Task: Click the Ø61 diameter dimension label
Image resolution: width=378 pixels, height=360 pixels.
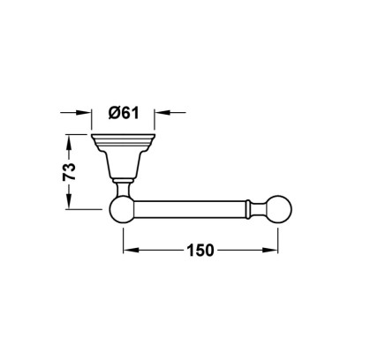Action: pyautogui.click(x=124, y=113)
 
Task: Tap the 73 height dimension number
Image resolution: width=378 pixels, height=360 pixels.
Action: pyautogui.click(x=70, y=171)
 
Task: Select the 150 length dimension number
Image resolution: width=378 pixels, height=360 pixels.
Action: pyautogui.click(x=200, y=251)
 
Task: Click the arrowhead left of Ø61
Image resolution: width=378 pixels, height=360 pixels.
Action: pyautogui.click(x=84, y=112)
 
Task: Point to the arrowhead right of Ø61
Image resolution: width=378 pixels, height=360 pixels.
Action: pyautogui.click(x=163, y=112)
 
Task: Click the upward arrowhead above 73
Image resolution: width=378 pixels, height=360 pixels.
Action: pyautogui.click(x=69, y=143)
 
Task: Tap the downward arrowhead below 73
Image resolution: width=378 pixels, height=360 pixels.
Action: pyautogui.click(x=69, y=201)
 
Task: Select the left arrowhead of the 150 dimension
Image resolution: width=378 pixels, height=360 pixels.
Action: pyautogui.click(x=132, y=251)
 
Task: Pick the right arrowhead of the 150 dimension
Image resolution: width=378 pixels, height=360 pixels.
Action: pyautogui.click(x=270, y=251)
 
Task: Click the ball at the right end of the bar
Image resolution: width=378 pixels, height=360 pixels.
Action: pyautogui.click(x=279, y=209)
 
